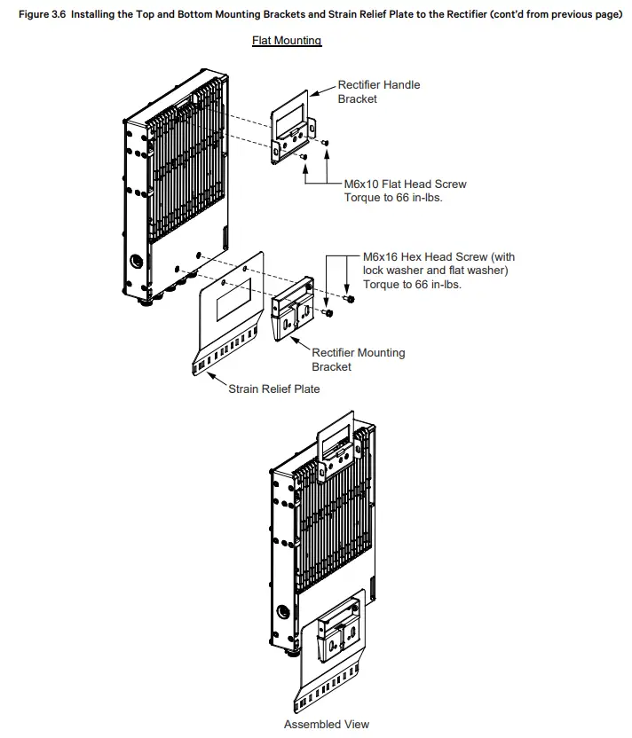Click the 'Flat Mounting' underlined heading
(286, 41)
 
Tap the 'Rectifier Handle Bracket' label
(379, 91)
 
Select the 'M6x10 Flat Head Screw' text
(405, 184)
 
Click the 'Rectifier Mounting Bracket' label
(358, 359)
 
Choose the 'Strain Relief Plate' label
(274, 389)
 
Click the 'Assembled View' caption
(326, 724)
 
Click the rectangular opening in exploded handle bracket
(289, 114)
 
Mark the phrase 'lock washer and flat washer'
(435, 271)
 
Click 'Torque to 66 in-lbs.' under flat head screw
(392, 198)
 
